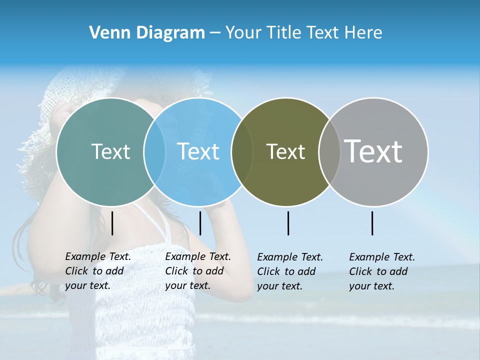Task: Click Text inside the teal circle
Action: point(110,151)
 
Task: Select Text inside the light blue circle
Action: point(198,151)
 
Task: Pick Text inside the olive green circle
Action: point(285,151)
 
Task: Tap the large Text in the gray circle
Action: point(373,151)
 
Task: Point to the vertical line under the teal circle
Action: point(112,223)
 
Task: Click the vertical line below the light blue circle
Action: point(200,223)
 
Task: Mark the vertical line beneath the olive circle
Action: point(288,223)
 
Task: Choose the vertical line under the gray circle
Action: point(372,223)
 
